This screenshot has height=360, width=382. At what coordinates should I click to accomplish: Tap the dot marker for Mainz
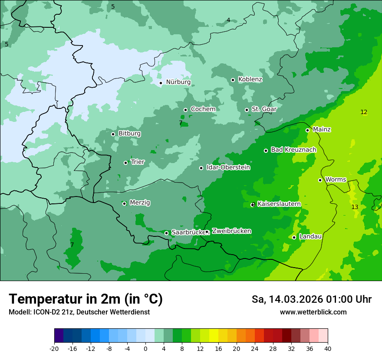307,130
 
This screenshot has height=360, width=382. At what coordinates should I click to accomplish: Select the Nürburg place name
178,82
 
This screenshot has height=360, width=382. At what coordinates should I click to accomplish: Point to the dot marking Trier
126,163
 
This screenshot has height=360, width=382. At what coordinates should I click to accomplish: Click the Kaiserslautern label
279,204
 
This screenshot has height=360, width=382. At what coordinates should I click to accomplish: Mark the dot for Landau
294,237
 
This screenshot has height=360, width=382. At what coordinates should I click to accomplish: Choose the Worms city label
336,180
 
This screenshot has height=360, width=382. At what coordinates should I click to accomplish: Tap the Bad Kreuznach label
293,150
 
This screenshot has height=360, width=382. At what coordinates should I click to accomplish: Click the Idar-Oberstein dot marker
201,168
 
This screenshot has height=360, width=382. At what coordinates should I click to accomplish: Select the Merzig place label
140,203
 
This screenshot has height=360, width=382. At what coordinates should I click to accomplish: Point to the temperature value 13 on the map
355,207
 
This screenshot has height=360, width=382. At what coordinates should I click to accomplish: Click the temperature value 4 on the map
228,20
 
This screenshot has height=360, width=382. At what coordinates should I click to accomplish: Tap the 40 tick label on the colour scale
328,349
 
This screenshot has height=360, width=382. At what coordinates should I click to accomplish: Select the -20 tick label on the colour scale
54,349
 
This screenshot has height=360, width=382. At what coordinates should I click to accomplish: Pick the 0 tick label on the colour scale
145,349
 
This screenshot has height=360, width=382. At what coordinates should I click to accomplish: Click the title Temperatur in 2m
86,299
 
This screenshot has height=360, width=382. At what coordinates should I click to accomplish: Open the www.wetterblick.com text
313,312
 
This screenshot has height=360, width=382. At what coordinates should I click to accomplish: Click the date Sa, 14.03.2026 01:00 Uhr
311,299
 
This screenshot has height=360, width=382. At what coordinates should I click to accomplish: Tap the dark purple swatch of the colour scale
59,336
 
